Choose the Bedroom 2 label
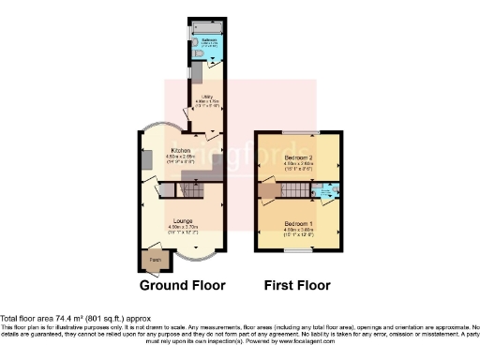point(298,157)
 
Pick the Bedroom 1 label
point(297,223)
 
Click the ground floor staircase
point(190,189)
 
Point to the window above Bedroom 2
point(299,131)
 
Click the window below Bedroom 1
point(299,251)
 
